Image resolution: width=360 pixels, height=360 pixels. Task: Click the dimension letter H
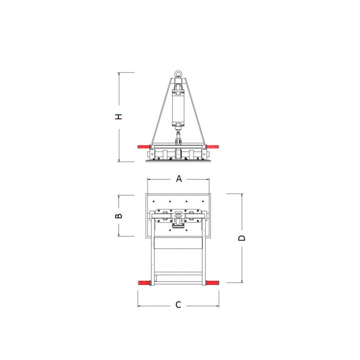pos(118,117)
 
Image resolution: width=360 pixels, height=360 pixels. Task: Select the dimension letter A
pos(179,178)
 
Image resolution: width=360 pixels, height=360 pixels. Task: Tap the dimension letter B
pos(118,216)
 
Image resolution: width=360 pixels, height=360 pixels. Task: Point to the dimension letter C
pos(178,305)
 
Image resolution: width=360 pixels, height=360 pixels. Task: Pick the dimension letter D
pos(242,238)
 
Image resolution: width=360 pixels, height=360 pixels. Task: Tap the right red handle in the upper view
pos(212,147)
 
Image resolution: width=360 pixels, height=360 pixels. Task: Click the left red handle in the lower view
pos(144,283)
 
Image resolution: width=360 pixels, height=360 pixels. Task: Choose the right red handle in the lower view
pos(212,283)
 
